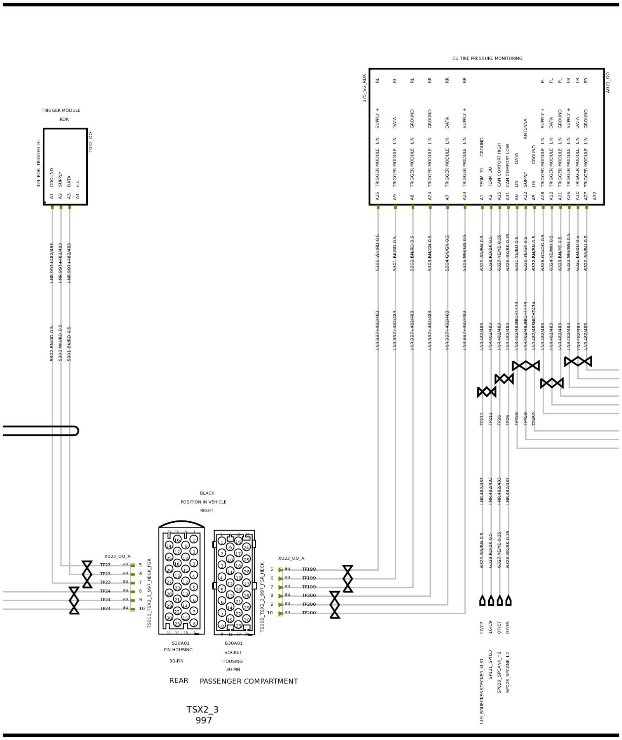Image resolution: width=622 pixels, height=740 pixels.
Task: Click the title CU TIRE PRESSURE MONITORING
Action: (x=487, y=58)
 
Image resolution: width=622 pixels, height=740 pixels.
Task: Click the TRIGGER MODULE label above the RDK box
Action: (x=61, y=111)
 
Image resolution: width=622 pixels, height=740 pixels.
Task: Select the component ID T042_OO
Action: (x=91, y=142)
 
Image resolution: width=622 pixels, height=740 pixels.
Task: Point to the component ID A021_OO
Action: (x=608, y=83)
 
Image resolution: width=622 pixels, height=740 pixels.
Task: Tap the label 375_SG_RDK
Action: (x=364, y=88)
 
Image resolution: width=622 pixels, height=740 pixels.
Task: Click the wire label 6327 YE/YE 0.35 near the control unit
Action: (x=499, y=253)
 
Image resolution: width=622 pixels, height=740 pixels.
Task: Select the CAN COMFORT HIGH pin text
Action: (x=499, y=165)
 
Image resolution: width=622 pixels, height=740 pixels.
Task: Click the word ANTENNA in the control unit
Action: (x=525, y=129)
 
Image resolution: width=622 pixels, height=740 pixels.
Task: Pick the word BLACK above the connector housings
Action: (x=207, y=493)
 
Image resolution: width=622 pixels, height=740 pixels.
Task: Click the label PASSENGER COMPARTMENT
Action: (x=249, y=681)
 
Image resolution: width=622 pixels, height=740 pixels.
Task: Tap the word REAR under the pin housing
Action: (x=179, y=680)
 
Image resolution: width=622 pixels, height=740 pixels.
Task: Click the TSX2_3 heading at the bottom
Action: (x=203, y=709)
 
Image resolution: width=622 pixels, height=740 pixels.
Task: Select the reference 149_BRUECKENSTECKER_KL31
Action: (x=482, y=691)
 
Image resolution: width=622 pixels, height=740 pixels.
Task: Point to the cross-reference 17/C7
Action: (x=482, y=628)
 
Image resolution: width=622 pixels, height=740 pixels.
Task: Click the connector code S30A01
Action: (x=180, y=643)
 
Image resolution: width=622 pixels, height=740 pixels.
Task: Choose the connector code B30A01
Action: (x=234, y=643)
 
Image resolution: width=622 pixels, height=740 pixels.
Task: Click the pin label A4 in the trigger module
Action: (x=78, y=196)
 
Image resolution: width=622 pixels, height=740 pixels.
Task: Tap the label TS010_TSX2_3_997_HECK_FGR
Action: (x=149, y=593)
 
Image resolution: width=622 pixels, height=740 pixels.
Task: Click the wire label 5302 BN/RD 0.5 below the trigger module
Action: (x=52, y=343)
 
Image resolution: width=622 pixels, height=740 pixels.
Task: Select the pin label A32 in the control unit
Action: (x=594, y=196)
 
